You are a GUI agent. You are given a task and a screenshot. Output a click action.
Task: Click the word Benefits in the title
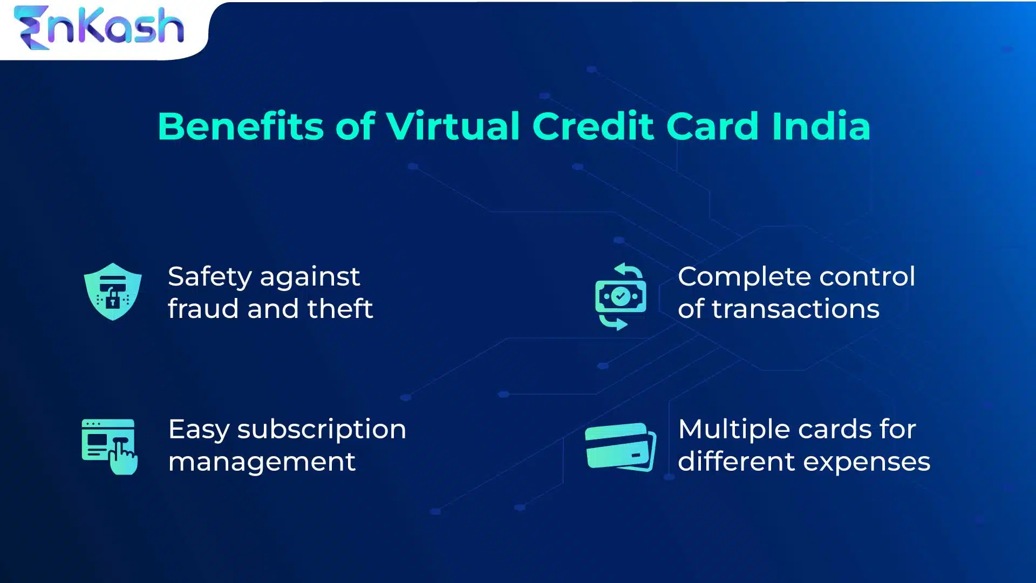click(240, 127)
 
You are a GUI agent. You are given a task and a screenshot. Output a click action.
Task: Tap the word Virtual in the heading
click(452, 127)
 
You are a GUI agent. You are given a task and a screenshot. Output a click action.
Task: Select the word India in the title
click(821, 127)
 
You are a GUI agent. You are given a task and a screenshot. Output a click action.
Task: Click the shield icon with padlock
click(113, 291)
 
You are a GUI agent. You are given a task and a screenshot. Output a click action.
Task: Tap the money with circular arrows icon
click(621, 296)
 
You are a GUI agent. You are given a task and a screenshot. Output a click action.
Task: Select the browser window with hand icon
click(110, 446)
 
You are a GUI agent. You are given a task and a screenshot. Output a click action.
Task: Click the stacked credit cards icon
click(621, 446)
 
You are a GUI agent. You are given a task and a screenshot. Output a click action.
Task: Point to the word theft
click(340, 309)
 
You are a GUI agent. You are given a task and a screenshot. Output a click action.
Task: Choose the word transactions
click(795, 309)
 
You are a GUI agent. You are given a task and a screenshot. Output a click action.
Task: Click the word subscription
click(322, 430)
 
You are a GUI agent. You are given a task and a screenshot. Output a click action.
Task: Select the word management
click(262, 462)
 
